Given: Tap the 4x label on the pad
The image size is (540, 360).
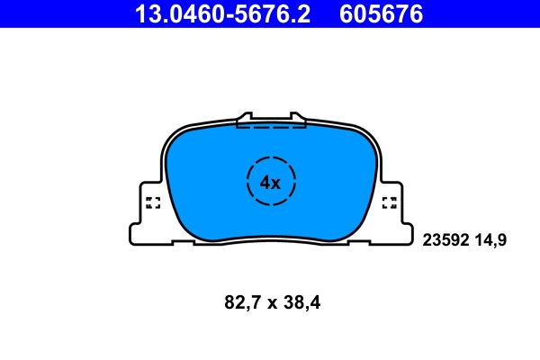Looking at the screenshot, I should [x=270, y=182].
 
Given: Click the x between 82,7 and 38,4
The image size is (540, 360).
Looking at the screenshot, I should [x=271, y=304].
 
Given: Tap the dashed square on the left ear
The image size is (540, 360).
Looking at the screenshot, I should [x=152, y=202].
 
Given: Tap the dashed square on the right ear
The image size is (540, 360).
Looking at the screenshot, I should [x=390, y=202].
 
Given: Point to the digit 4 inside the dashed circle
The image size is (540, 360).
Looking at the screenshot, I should [x=265, y=182].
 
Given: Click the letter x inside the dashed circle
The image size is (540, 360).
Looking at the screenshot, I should [x=276, y=183].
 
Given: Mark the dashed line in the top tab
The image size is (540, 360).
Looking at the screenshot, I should [x=270, y=127].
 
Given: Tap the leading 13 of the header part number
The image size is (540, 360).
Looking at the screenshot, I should [x=145, y=13].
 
